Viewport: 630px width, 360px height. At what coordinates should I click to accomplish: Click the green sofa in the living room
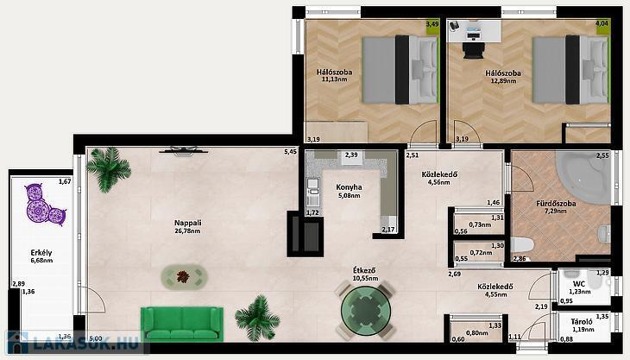click(x=182, y=324)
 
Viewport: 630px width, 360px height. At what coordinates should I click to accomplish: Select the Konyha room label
click(x=349, y=187)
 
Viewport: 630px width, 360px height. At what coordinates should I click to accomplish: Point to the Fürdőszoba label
click(x=556, y=204)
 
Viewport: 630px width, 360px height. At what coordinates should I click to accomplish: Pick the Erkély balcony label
click(x=41, y=253)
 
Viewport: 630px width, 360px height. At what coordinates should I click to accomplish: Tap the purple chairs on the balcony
click(x=44, y=204)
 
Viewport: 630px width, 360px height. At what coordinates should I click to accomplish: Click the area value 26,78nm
click(x=187, y=231)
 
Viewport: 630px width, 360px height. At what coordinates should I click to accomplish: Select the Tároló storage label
click(x=582, y=322)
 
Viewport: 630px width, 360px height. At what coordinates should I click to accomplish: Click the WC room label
click(x=579, y=284)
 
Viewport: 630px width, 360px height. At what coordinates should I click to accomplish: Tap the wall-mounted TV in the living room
click(x=184, y=150)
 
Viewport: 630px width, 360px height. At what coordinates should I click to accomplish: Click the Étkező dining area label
click(x=365, y=270)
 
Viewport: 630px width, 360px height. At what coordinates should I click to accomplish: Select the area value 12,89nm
click(x=503, y=81)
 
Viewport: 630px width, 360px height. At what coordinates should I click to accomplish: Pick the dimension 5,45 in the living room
click(x=291, y=152)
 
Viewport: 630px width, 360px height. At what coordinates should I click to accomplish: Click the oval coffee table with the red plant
click(x=185, y=276)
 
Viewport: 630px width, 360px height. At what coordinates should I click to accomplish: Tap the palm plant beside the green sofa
click(x=257, y=318)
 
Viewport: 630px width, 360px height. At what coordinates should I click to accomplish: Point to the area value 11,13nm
click(x=334, y=79)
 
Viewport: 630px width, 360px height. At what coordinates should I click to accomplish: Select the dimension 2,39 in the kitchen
click(x=351, y=155)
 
